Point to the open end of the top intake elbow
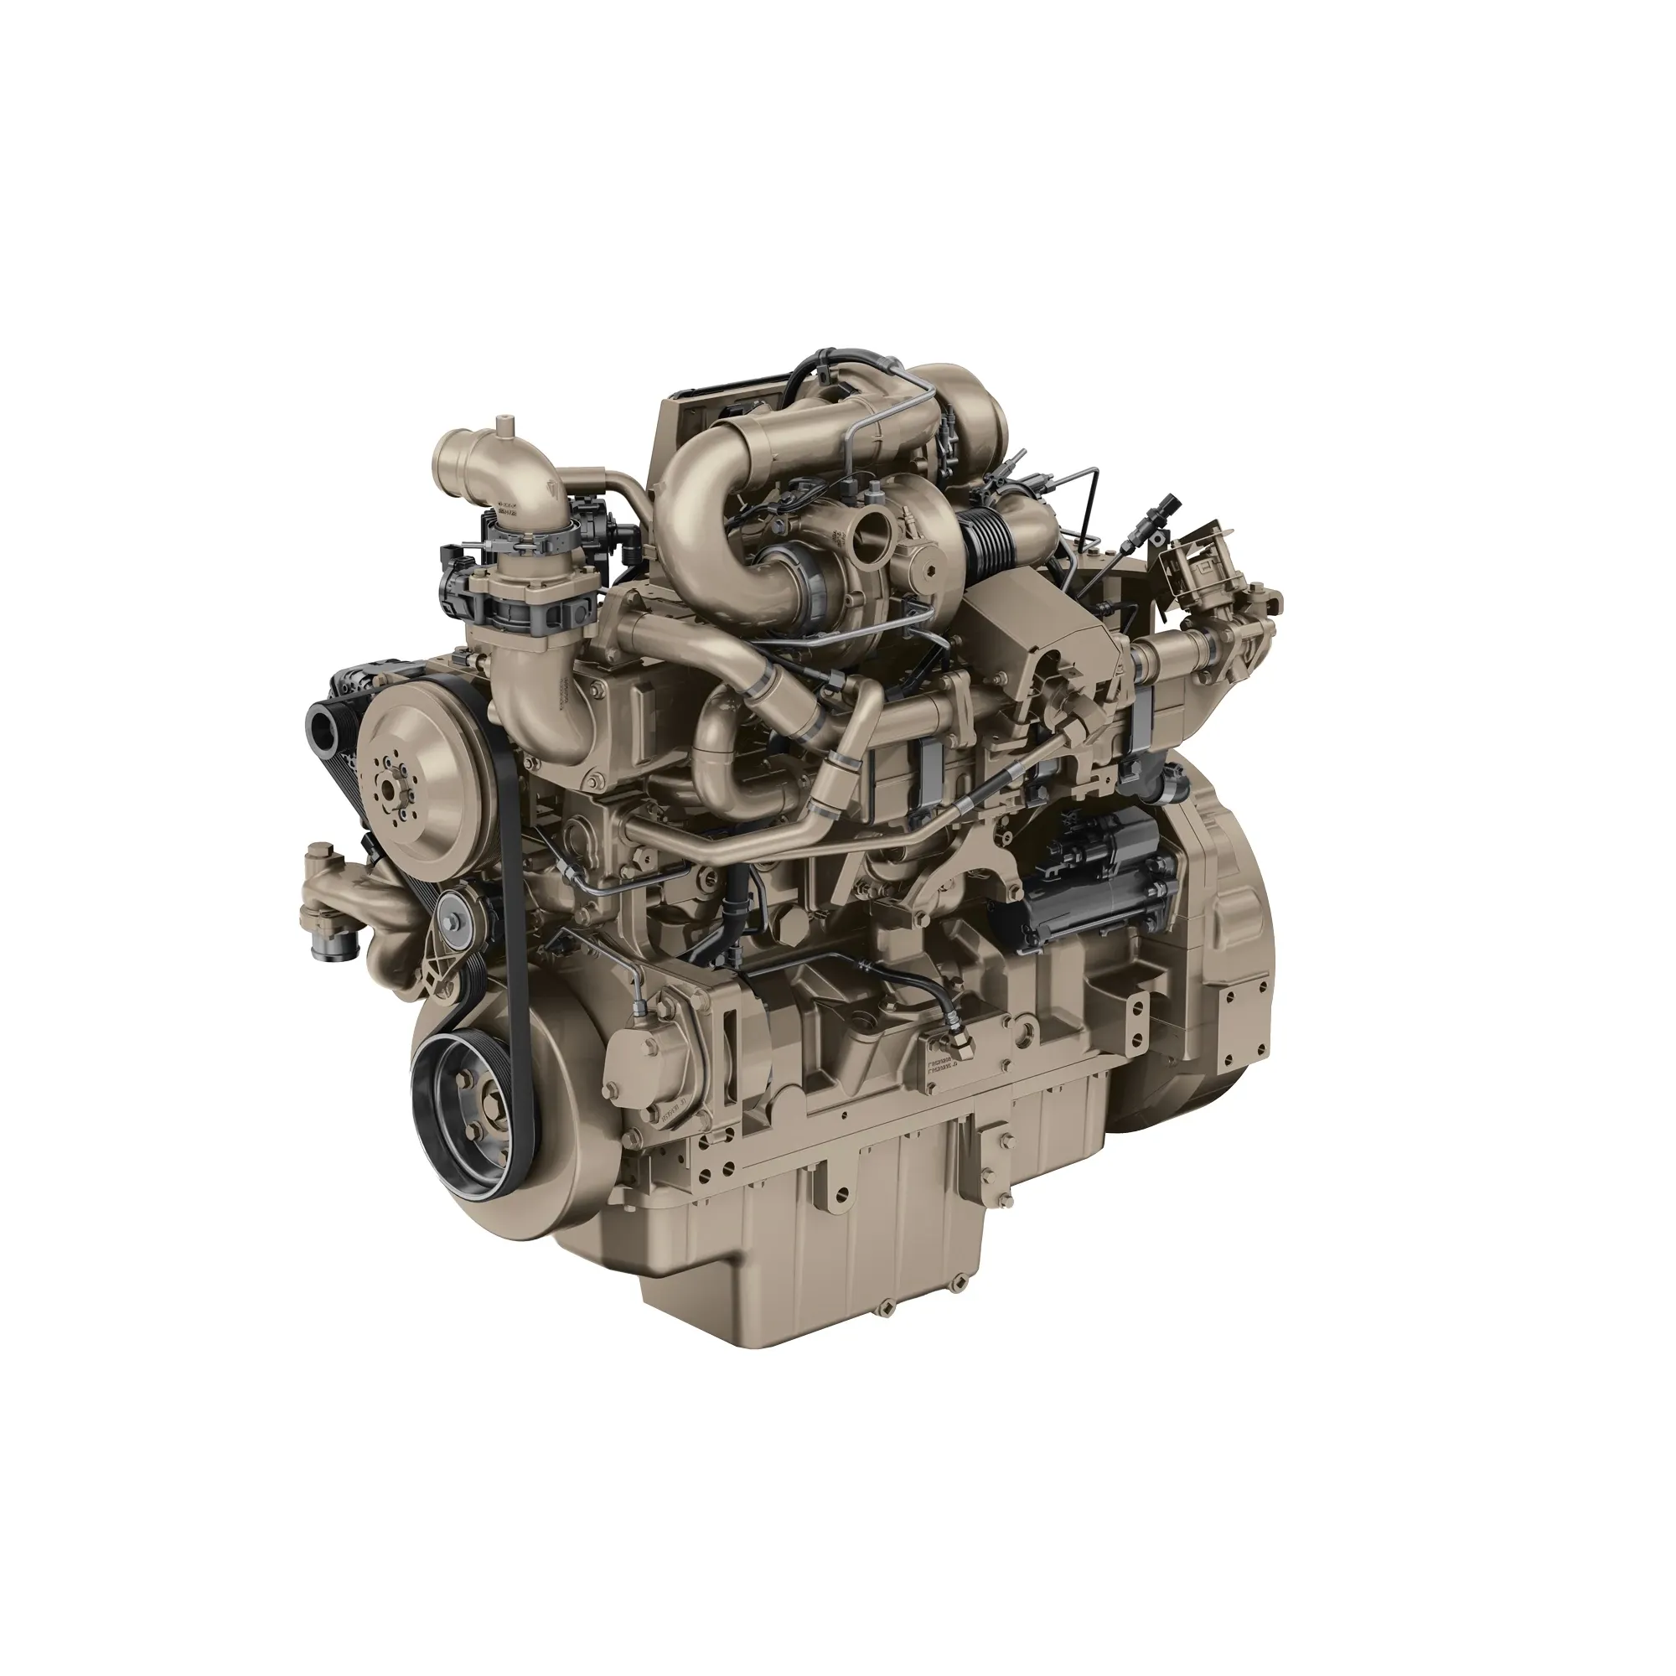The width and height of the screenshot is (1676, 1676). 452,453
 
